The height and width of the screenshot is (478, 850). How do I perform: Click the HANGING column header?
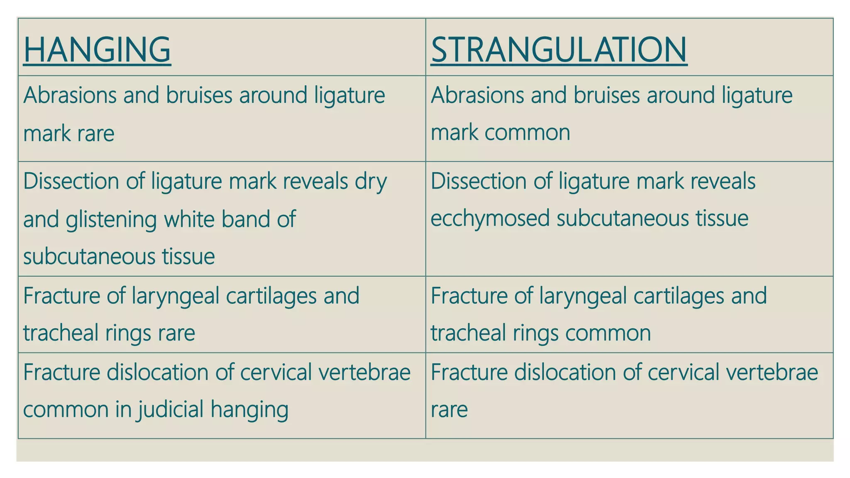(97, 50)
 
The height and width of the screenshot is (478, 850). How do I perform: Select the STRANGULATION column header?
(559, 50)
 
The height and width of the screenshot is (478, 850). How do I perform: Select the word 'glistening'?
(111, 219)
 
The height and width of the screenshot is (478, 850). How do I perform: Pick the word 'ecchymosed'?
(490, 219)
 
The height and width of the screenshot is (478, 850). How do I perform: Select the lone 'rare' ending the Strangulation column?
(449, 410)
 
